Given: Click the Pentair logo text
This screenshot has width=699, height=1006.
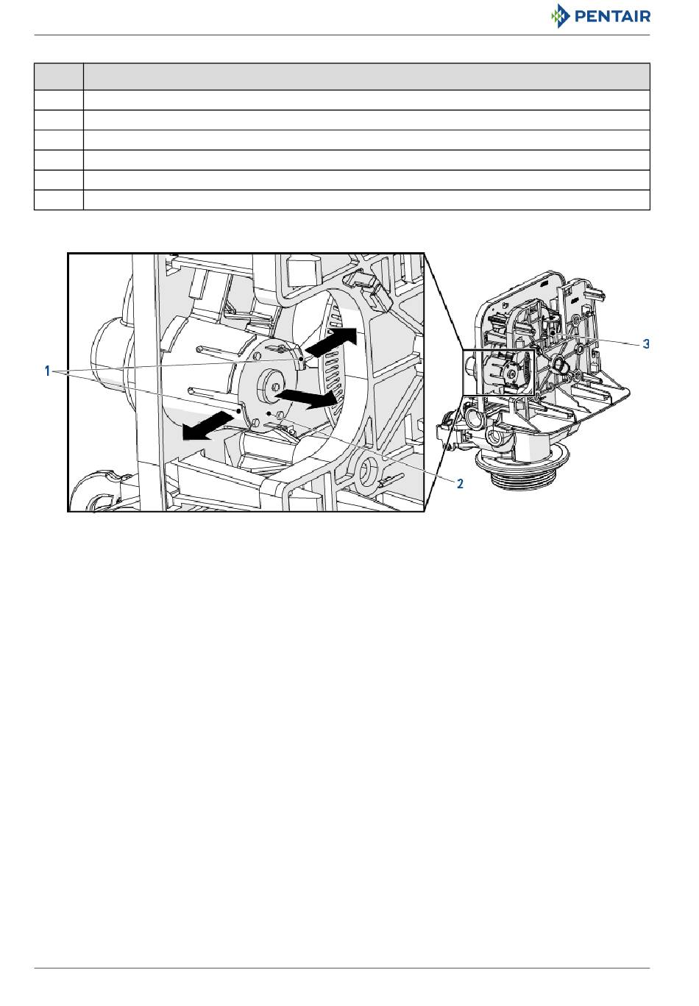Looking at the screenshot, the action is pyautogui.click(x=612, y=17).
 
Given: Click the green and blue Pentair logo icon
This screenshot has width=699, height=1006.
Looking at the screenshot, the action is pyautogui.click(x=560, y=16).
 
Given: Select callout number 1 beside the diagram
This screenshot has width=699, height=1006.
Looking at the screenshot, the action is pyautogui.click(x=47, y=371).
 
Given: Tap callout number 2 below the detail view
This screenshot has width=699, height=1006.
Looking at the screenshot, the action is pyautogui.click(x=460, y=484).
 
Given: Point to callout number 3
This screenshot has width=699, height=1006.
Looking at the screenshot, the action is pyautogui.click(x=646, y=344).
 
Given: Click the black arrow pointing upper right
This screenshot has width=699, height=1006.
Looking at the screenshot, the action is pyautogui.click(x=330, y=343).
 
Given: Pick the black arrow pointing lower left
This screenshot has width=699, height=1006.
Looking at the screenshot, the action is pyautogui.click(x=207, y=427).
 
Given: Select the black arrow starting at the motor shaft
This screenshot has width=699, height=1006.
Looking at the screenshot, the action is pyautogui.click(x=306, y=397).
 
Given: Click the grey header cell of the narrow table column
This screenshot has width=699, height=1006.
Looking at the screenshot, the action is pyautogui.click(x=59, y=76).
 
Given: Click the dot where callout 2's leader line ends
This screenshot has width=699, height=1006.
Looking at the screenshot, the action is pyautogui.click(x=268, y=413).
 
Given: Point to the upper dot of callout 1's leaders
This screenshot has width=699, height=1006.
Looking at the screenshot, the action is pyautogui.click(x=300, y=360).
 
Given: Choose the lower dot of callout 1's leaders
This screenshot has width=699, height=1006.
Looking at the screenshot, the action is pyautogui.click(x=239, y=410).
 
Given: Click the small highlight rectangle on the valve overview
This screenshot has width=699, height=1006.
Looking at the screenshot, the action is pyautogui.click(x=499, y=372).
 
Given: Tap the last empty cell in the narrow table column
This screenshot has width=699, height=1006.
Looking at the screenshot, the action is pyautogui.click(x=59, y=200).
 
